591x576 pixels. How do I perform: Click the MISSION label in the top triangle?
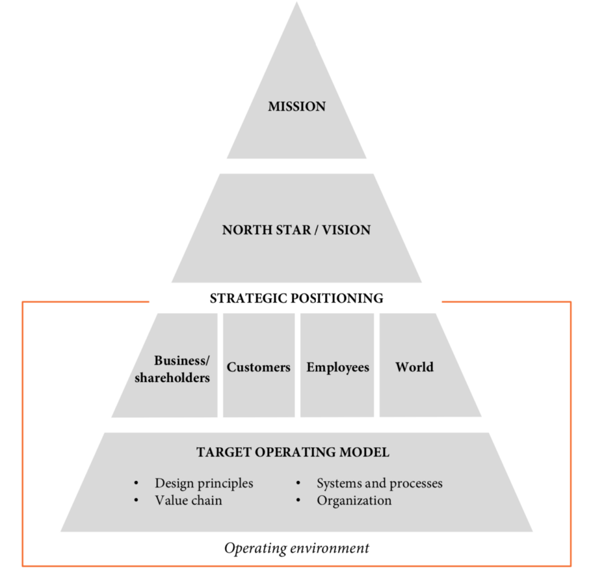click(297, 106)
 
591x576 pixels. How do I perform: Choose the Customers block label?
click(259, 367)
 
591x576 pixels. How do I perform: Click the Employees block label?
click(338, 367)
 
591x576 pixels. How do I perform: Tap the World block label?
click(414, 367)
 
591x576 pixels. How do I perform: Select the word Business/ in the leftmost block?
click(182, 361)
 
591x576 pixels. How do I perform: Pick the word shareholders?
click(172, 378)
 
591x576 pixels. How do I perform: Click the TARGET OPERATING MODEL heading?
click(293, 452)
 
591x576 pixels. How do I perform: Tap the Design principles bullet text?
click(204, 483)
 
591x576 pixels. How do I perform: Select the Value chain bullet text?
click(188, 500)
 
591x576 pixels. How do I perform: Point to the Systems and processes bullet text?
click(380, 483)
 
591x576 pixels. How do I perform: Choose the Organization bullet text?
click(354, 500)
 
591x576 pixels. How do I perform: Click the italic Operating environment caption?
click(297, 548)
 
